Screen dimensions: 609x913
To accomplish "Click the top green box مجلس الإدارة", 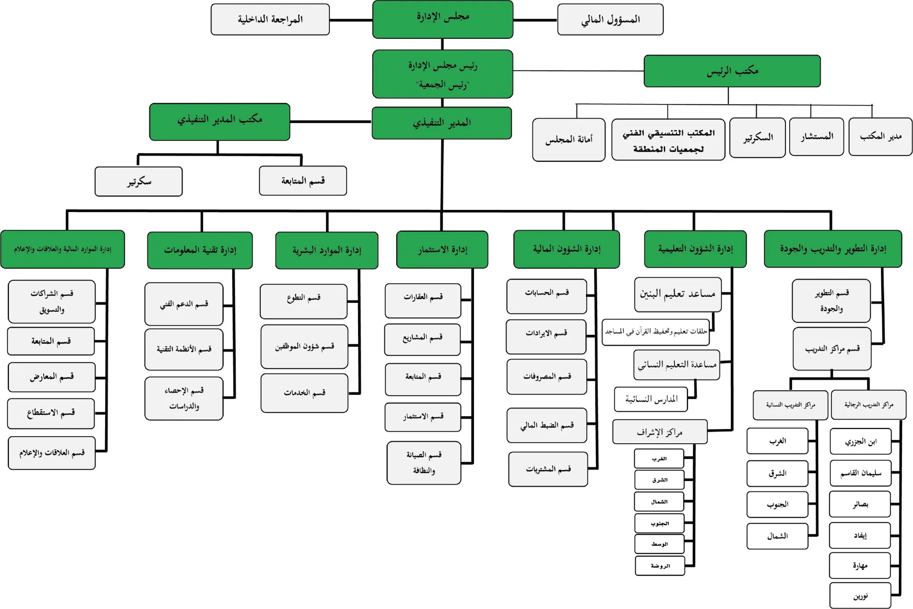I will (x=443, y=19).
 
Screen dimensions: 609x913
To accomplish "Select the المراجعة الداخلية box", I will (x=270, y=20).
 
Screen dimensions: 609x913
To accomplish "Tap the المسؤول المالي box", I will (x=610, y=20).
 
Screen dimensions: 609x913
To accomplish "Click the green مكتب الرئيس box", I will (x=732, y=71).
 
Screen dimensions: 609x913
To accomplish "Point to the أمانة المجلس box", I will (x=569, y=140).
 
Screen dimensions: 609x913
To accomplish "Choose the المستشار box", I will (x=816, y=137).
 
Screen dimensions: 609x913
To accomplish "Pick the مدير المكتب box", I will (x=880, y=137).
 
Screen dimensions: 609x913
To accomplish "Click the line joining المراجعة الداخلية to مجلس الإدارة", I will (x=351, y=20).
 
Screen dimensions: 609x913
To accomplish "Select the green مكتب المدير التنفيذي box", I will (x=220, y=122).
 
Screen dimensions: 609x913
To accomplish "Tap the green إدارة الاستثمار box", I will (x=442, y=249).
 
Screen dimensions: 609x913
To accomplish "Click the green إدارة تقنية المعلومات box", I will (x=200, y=250).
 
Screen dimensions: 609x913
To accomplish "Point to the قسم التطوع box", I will (x=304, y=302).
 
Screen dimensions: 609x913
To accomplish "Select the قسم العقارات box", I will (x=423, y=301).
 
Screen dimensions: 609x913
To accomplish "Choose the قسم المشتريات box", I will (x=548, y=469).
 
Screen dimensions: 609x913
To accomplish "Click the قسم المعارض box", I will (x=52, y=377).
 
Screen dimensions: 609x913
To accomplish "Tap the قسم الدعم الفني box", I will (x=184, y=304).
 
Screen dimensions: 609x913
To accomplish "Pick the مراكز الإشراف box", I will (x=660, y=432).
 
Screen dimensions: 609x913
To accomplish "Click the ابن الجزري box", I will (x=860, y=441).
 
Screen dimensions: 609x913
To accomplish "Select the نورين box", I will (x=860, y=596).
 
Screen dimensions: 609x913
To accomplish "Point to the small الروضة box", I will (x=660, y=566).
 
